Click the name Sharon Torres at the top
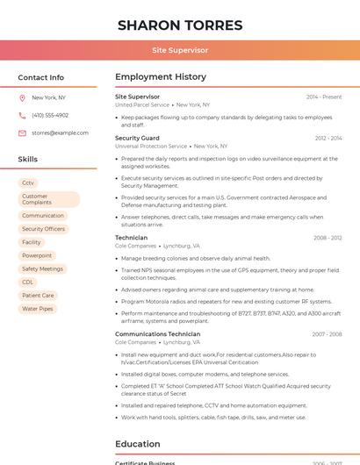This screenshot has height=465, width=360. (180, 25)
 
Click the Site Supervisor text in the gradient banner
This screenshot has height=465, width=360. (180, 50)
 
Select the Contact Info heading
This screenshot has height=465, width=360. (41, 77)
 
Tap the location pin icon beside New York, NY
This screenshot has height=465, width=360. (22, 97)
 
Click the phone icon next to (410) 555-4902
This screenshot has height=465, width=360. (22, 115)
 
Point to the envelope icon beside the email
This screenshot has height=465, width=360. (22, 133)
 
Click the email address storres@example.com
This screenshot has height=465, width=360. (60, 133)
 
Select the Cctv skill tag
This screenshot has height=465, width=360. (28, 182)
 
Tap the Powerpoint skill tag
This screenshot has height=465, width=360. (37, 255)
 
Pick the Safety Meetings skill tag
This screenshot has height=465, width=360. (42, 268)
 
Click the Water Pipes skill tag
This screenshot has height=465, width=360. (38, 309)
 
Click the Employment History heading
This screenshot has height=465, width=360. (161, 77)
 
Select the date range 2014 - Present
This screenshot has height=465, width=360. (324, 97)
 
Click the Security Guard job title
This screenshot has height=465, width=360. (137, 138)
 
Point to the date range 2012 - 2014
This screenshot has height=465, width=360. (328, 138)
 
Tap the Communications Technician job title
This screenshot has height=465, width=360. (157, 333)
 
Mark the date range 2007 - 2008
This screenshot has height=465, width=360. (327, 334)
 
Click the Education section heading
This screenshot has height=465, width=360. (137, 444)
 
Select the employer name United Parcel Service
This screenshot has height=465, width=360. (142, 104)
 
